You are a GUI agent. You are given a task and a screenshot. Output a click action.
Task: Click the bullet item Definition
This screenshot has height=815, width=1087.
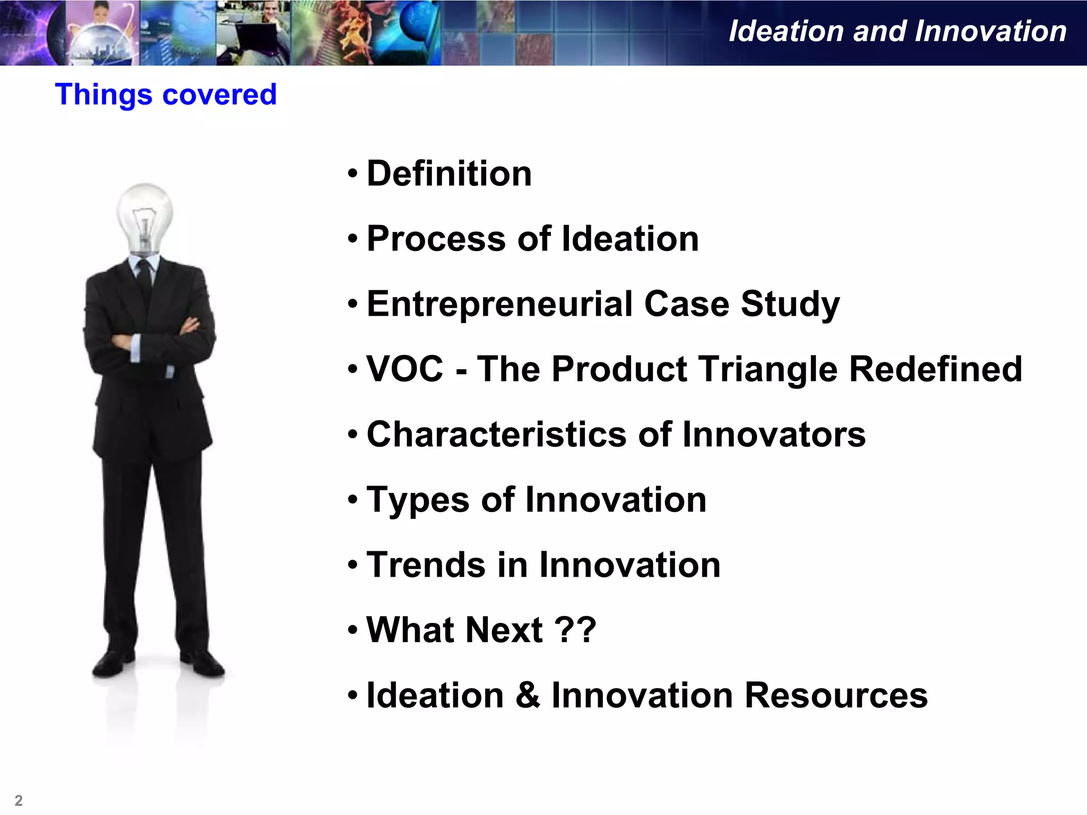(448, 174)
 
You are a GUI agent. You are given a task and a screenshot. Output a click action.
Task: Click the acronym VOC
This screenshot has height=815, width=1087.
(404, 369)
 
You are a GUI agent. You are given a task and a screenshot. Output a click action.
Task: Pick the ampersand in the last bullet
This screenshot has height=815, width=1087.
(528, 695)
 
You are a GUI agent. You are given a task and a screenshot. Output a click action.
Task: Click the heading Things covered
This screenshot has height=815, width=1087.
(166, 94)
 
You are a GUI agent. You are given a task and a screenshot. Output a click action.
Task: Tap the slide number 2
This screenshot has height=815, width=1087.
(19, 800)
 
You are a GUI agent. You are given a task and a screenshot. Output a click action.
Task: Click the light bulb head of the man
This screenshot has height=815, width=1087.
(144, 215)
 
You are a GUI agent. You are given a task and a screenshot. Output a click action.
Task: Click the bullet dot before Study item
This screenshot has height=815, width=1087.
(352, 305)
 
